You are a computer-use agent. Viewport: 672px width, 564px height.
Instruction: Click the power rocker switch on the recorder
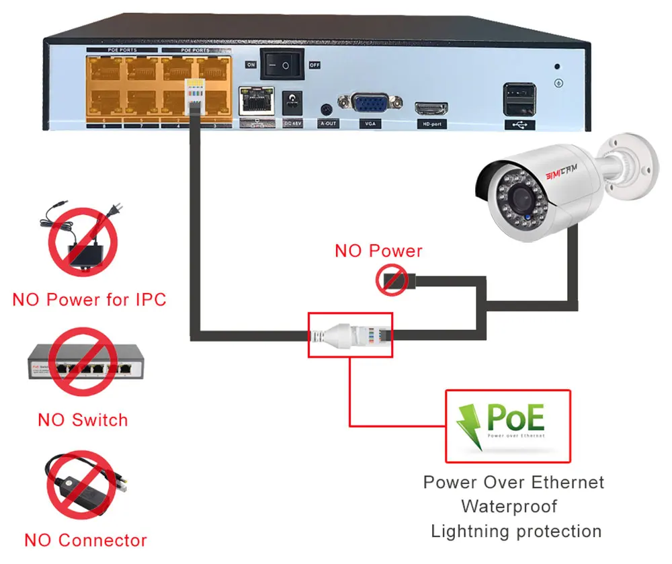(282, 65)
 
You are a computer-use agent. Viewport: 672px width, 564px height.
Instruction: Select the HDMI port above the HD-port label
(431, 108)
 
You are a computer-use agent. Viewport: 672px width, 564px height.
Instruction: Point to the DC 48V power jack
(292, 104)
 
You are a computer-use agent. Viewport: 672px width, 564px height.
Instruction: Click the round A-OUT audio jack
(327, 109)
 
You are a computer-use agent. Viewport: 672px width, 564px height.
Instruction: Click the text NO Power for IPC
(89, 299)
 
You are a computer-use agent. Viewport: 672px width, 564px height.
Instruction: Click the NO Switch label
(83, 420)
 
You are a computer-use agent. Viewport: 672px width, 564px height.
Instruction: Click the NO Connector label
(85, 540)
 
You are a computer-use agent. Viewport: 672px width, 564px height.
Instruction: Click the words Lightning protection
(516, 531)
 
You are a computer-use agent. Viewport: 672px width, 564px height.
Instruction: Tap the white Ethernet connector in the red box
(348, 334)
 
